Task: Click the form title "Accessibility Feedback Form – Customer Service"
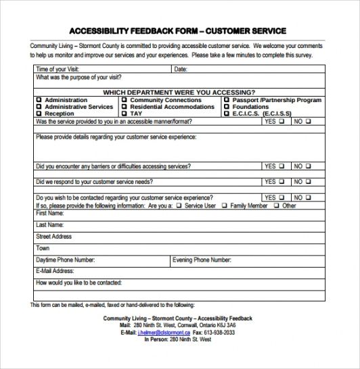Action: pyautogui.click(x=177, y=30)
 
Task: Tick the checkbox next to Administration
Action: pyautogui.click(x=39, y=100)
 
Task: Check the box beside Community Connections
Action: pyautogui.click(x=125, y=100)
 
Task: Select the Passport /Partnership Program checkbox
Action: pyautogui.click(x=227, y=100)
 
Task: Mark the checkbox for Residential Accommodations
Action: pyautogui.click(x=125, y=107)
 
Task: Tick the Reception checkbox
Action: pyautogui.click(x=39, y=114)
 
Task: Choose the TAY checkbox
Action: pyautogui.click(x=125, y=114)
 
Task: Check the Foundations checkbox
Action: pyautogui.click(x=227, y=107)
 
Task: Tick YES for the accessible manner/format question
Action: pyautogui.click(x=281, y=122)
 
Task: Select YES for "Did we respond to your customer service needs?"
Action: pyautogui.click(x=281, y=182)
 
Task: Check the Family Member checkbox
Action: pyautogui.click(x=225, y=205)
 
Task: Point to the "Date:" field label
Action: pyautogui.click(x=181, y=69)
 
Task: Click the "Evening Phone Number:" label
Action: pyautogui.click(x=200, y=260)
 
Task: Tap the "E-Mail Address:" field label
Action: pyautogui.click(x=55, y=270)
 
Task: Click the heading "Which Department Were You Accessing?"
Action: pyautogui.click(x=179, y=92)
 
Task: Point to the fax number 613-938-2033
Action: pyautogui.click(x=219, y=333)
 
